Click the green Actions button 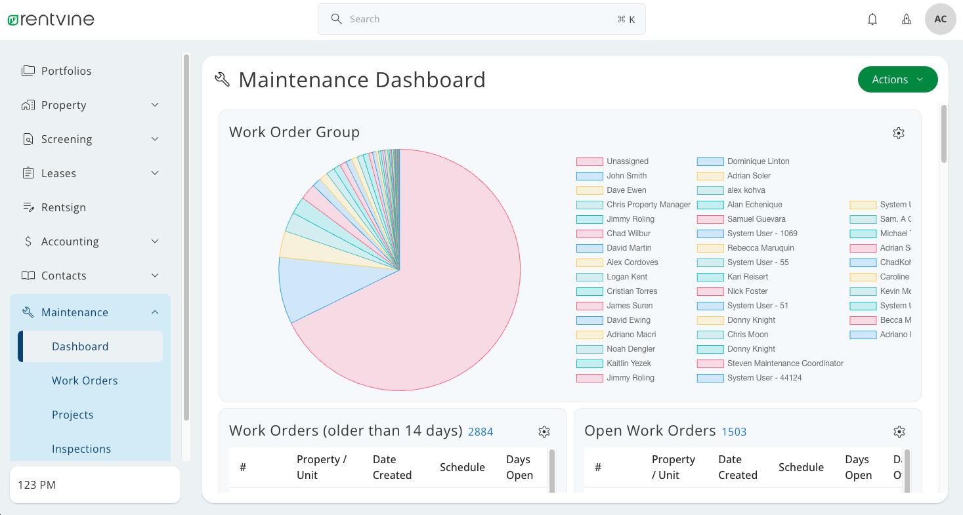pos(897,79)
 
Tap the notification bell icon pos(872,19)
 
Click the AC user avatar pos(940,19)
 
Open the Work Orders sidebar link pos(85,381)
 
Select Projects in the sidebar pos(72,415)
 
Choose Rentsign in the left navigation pos(63,207)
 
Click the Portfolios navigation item pos(66,71)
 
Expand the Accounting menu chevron pos(155,241)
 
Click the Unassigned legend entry pos(627,161)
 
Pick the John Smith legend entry pos(626,176)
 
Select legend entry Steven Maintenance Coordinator pos(784,363)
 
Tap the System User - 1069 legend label pos(761,234)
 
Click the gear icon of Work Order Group pos(899,133)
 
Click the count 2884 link pos(480,432)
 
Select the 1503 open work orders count pos(734,432)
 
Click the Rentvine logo pos(51,20)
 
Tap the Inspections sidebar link pos(81,449)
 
